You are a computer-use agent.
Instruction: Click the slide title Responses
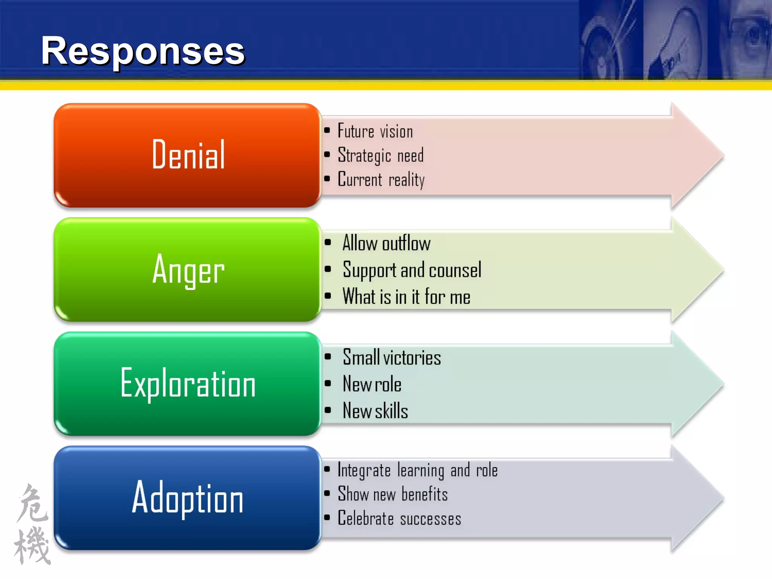coord(143,51)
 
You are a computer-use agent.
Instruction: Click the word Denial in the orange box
coord(188,155)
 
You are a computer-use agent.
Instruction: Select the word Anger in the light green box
coord(188,270)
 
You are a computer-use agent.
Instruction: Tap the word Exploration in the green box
coord(188,384)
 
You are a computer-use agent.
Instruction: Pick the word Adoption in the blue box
coord(188,498)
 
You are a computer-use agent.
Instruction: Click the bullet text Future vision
coord(375,132)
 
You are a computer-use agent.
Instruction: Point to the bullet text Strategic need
coord(380,155)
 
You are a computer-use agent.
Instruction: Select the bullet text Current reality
coord(381,179)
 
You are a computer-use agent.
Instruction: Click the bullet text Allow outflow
coord(386,243)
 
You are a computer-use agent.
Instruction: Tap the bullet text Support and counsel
coord(412,270)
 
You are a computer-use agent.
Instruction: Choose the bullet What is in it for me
coord(406,297)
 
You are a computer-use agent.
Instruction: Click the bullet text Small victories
coord(392,357)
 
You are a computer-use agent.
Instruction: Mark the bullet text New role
coord(372,384)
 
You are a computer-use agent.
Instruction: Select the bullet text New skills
coord(375,411)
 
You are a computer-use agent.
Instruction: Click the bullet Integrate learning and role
coord(417,470)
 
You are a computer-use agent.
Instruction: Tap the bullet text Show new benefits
coord(392,494)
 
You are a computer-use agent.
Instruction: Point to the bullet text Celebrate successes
coord(399,518)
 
